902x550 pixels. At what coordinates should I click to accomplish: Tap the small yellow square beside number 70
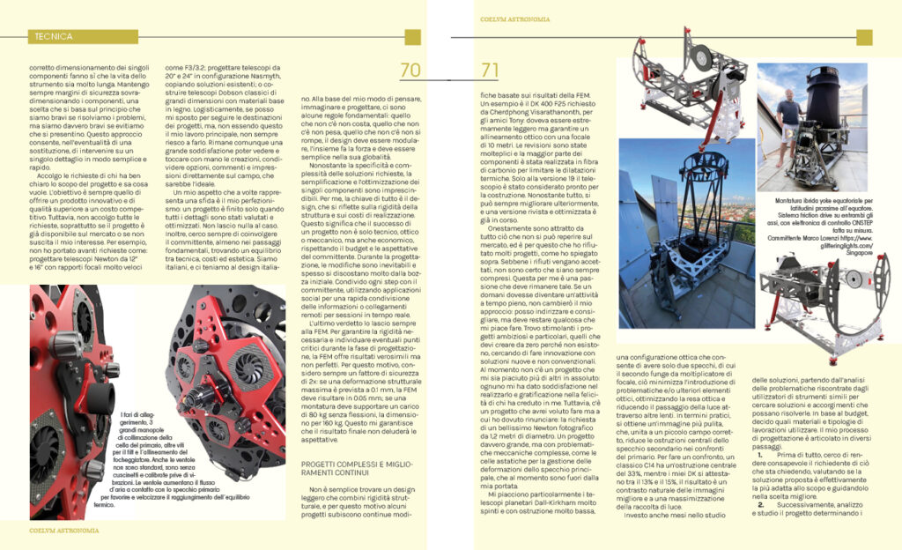tap(411, 37)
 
